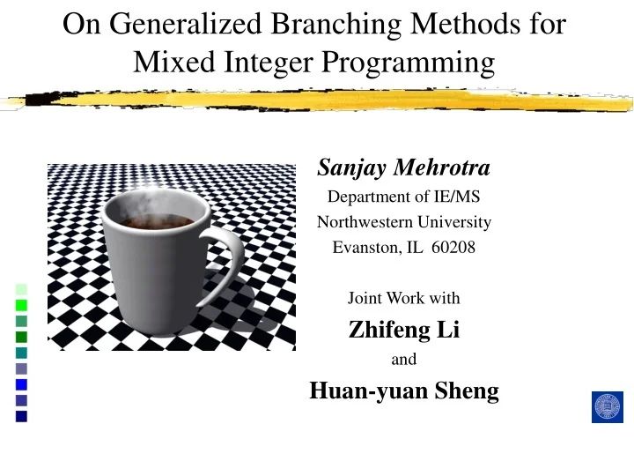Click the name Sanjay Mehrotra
click(404, 167)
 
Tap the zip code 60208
click(454, 248)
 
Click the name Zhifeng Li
click(404, 330)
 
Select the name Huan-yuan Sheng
click(404, 390)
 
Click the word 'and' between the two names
click(403, 360)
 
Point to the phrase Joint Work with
click(404, 298)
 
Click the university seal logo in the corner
click(607, 406)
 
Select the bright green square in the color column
click(21, 305)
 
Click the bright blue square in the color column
click(21, 384)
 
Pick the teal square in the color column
click(21, 353)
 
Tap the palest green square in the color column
click(21, 289)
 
